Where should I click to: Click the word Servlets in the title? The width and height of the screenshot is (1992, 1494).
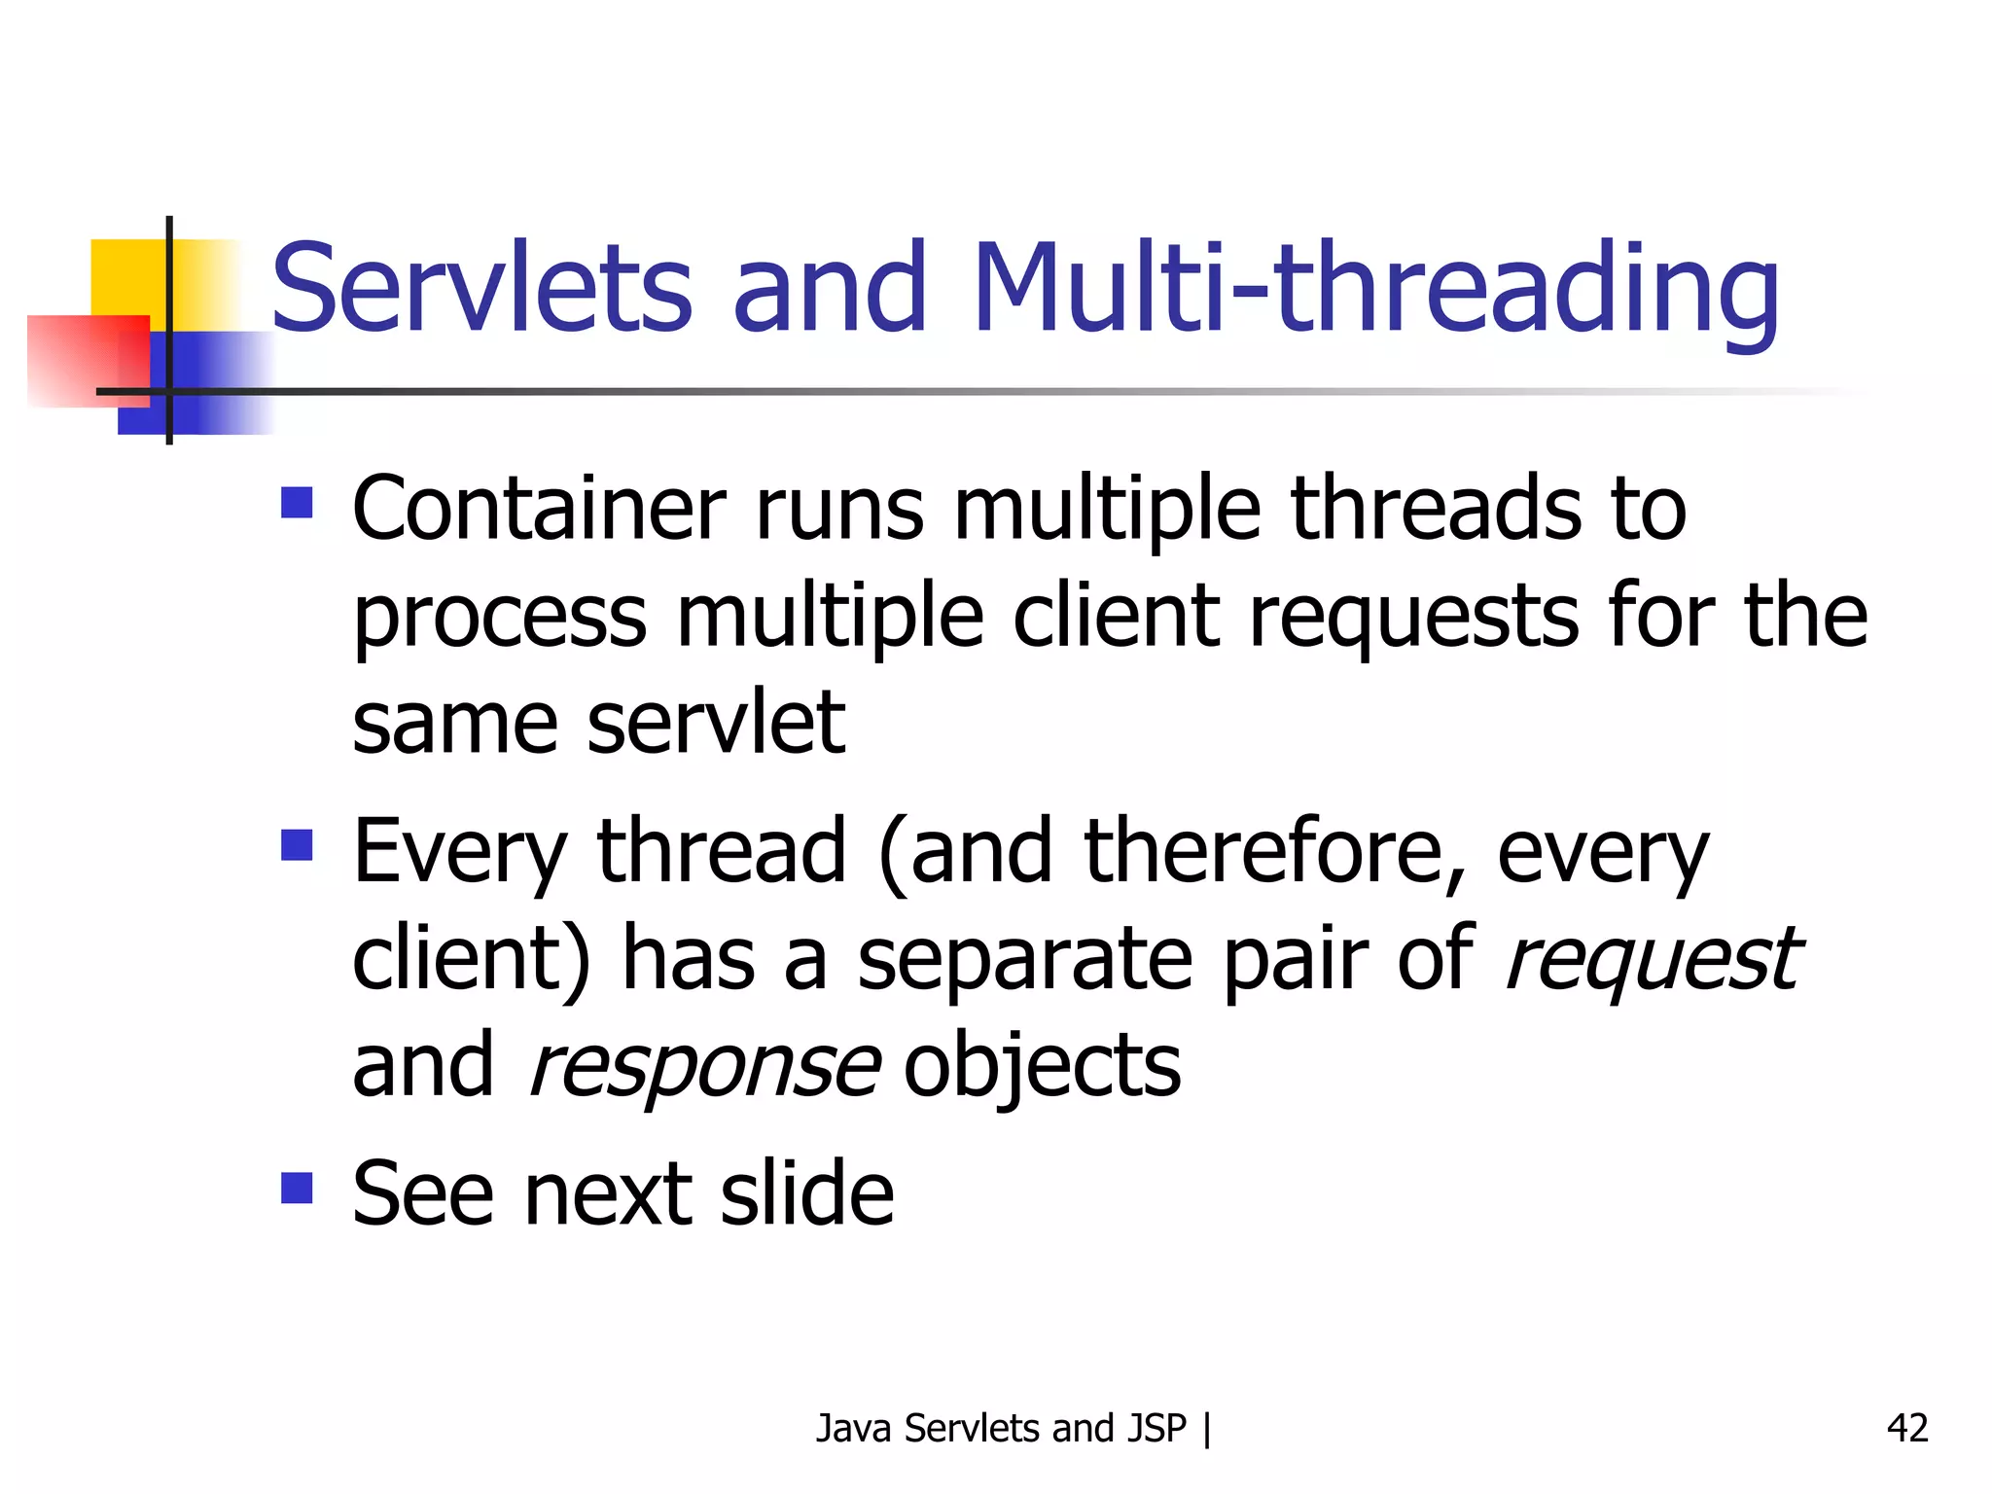point(481,289)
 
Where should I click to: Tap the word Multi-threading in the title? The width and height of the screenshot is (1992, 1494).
point(1375,289)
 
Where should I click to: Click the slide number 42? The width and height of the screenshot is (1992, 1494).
point(1906,1428)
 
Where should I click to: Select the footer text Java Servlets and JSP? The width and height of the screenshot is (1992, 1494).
point(1001,1428)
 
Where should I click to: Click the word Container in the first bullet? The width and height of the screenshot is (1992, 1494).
point(539,509)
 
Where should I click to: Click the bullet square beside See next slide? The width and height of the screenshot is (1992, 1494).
point(297,1188)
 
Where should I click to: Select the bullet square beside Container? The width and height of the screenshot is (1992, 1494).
point(297,503)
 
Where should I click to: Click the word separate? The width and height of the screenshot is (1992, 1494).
point(1024,961)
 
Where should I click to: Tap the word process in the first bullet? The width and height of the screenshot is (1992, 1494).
point(499,619)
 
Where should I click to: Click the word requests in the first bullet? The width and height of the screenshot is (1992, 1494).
point(1413,619)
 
